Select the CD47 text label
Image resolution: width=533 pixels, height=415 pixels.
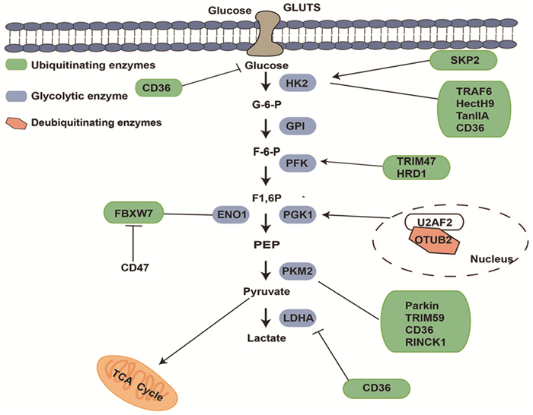click(134, 267)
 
